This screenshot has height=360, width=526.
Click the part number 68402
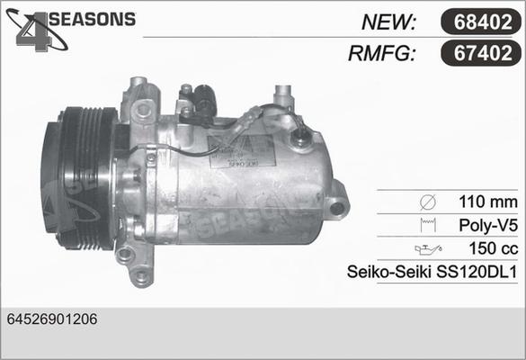pyautogui.click(x=483, y=22)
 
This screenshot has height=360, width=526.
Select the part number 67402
pyautogui.click(x=483, y=53)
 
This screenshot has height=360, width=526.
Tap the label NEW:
pyautogui.click(x=388, y=22)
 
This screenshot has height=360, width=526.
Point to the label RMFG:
pyautogui.click(x=382, y=53)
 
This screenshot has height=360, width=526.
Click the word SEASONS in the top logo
pyautogui.click(x=93, y=19)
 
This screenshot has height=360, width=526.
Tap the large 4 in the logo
pyautogui.click(x=33, y=32)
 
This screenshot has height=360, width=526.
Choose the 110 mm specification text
pyautogui.click(x=487, y=202)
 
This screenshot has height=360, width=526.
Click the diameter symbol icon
pyautogui.click(x=428, y=202)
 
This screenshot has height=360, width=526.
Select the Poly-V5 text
pyautogui.click(x=488, y=225)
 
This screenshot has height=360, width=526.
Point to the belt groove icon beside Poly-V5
pyautogui.click(x=428, y=225)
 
